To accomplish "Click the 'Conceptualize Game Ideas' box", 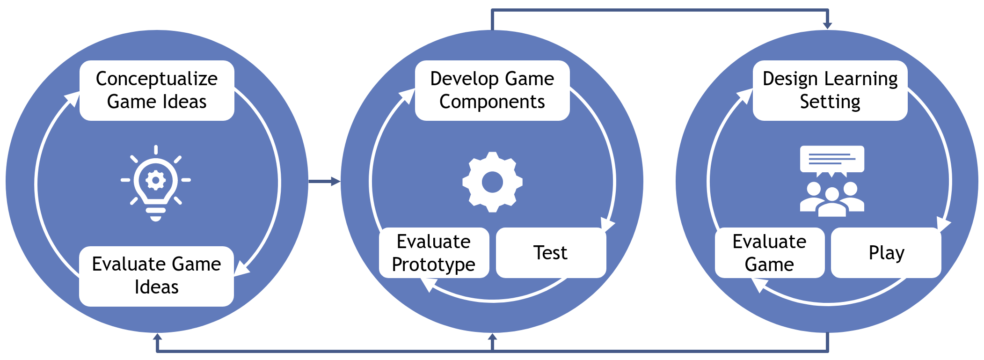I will (x=157, y=90).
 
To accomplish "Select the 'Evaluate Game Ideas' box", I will (x=156, y=276).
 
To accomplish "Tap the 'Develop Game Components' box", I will (x=492, y=90).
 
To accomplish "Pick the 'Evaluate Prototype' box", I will (x=434, y=253).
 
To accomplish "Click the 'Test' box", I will (x=551, y=253).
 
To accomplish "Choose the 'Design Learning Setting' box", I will (x=830, y=90).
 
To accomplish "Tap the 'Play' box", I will (x=886, y=253).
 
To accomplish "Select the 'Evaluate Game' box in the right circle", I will (x=769, y=253).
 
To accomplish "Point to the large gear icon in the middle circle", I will (x=492, y=182).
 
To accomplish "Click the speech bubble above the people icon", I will (x=832, y=160).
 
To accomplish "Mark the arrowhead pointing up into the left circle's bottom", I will (x=158, y=337).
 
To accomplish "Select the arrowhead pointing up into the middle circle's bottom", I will (x=492, y=337).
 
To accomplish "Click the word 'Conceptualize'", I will (x=157, y=79).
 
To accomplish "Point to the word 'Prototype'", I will (x=434, y=264).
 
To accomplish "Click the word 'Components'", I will (x=492, y=102).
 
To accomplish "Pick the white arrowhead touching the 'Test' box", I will (x=607, y=225).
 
